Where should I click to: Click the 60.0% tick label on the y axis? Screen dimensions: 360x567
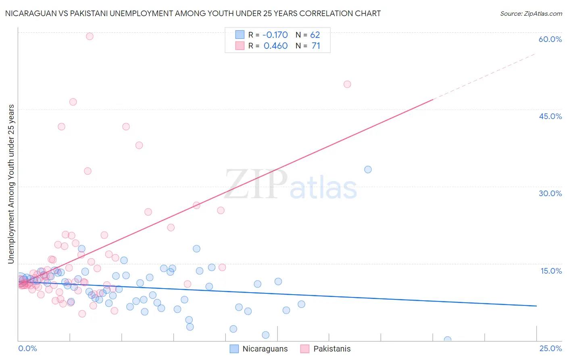coord(550,39)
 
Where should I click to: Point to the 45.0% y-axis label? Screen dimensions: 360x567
coord(550,116)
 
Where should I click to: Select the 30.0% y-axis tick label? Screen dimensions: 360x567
coord(550,193)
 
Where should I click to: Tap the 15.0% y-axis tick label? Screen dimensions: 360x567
coord(551,270)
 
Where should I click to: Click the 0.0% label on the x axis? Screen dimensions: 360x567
coord(27,348)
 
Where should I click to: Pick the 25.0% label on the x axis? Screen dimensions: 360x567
coord(550,348)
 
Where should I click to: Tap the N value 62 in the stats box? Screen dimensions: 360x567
coord(315,35)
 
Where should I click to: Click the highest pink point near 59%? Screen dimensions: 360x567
coord(90,36)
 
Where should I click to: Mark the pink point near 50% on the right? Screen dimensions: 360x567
coord(347,84)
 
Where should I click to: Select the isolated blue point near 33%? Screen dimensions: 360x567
coord(368,170)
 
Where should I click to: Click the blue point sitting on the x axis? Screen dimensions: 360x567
coord(447,340)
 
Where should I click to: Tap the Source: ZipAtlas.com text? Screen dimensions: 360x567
coord(531,14)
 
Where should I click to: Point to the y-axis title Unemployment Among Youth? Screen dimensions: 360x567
coord(11,184)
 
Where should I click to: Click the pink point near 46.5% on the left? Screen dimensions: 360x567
coord(73,102)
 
